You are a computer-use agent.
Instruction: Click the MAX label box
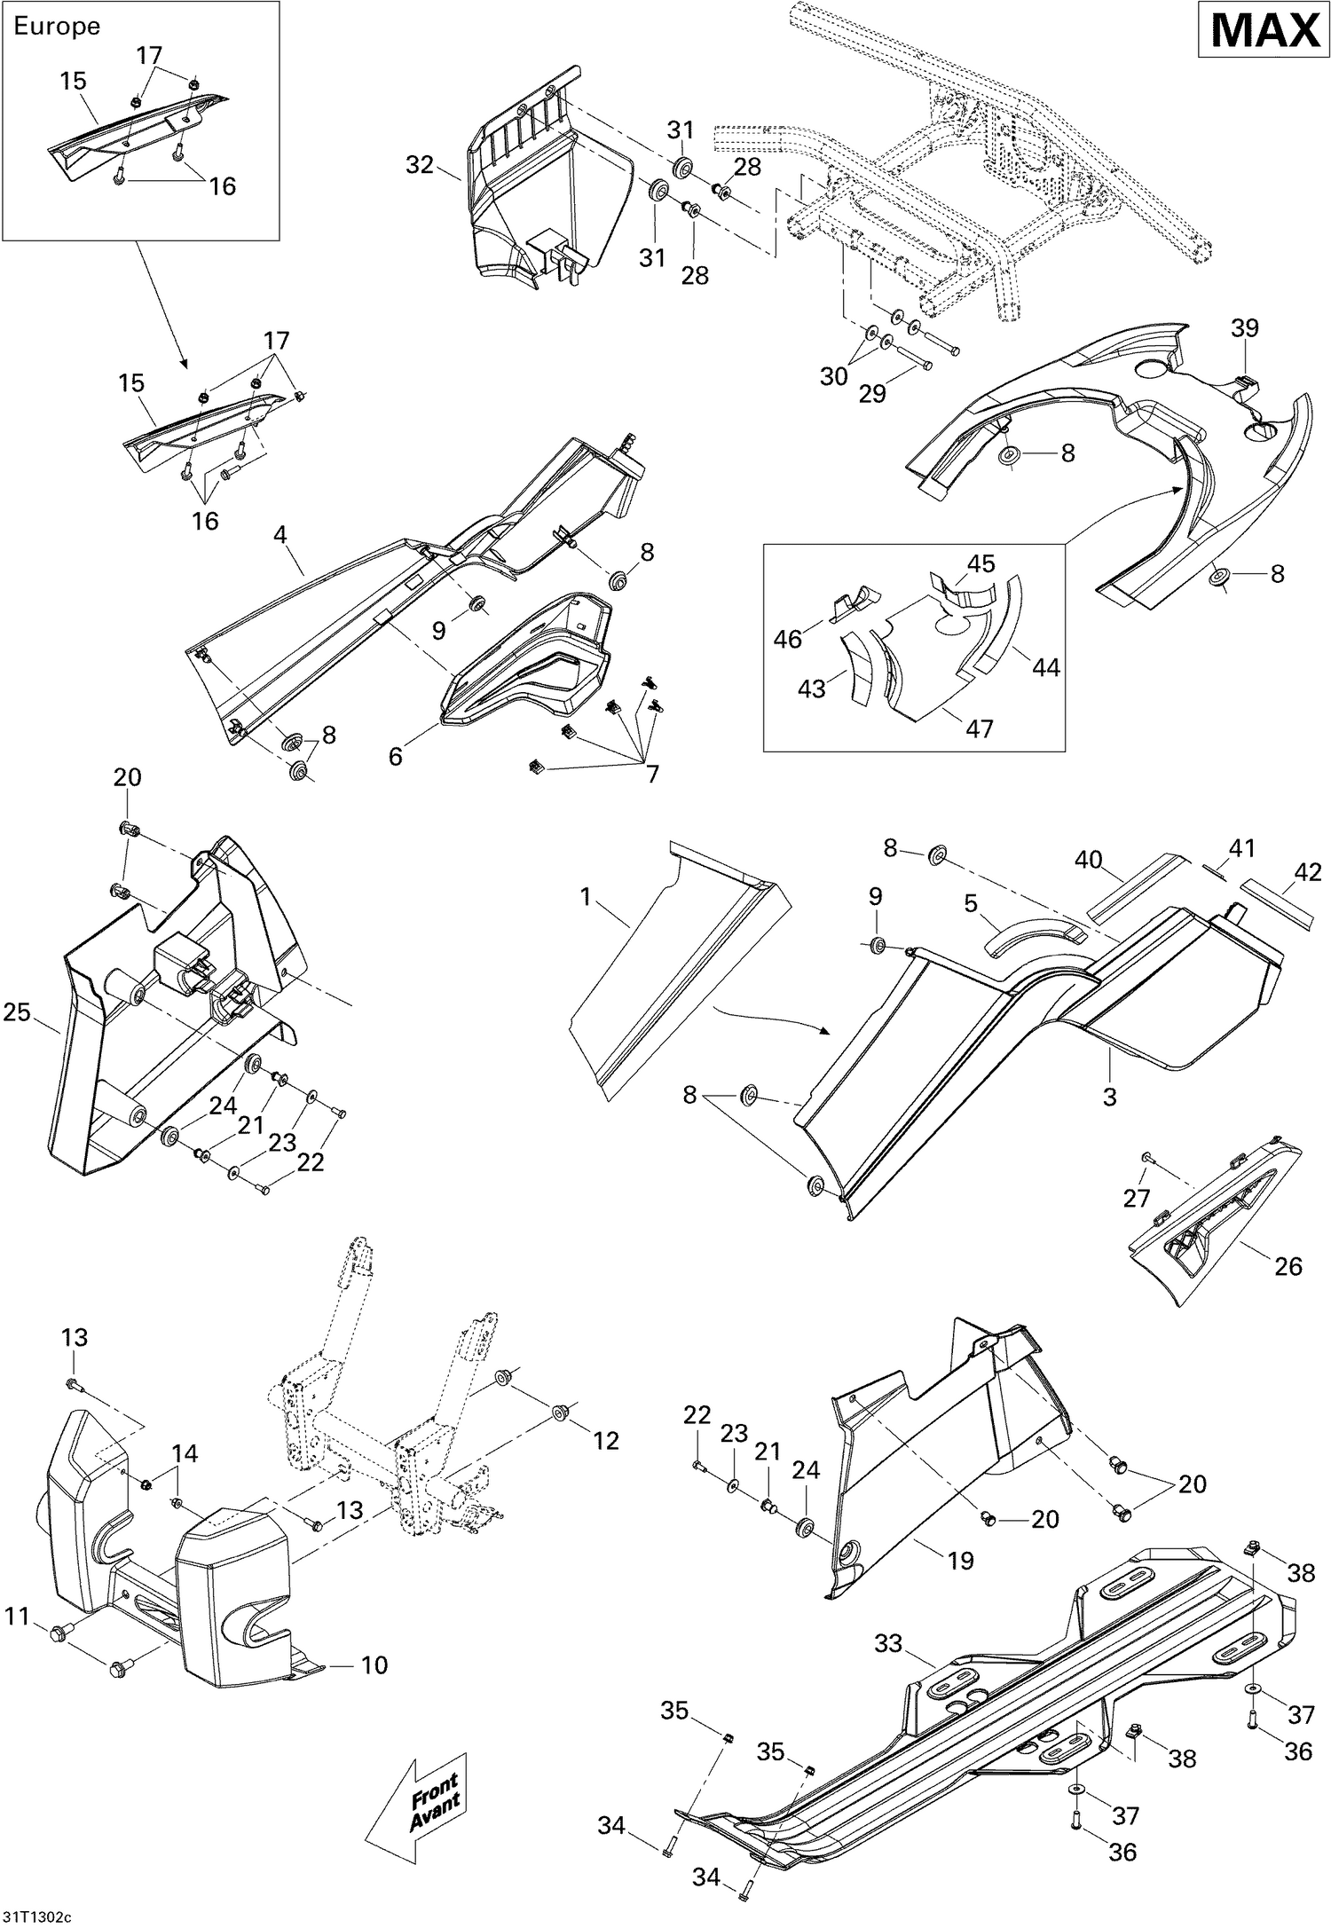tap(1265, 32)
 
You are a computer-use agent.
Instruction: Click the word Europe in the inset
tap(57, 27)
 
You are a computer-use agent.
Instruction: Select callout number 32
tap(420, 165)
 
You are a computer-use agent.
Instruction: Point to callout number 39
tap(1244, 328)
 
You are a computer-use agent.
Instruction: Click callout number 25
tap(16, 1011)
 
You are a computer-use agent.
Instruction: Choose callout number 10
tap(374, 1665)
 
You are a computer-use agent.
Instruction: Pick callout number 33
tap(888, 1644)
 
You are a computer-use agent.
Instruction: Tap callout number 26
tap(1288, 1266)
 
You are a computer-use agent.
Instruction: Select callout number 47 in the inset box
tap(980, 728)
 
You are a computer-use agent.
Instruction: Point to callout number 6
tap(396, 756)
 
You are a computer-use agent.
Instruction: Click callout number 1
tap(585, 897)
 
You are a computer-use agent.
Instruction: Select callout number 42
tap(1308, 871)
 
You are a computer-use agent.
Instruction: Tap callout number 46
tap(788, 638)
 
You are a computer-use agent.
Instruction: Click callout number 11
tap(17, 1617)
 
